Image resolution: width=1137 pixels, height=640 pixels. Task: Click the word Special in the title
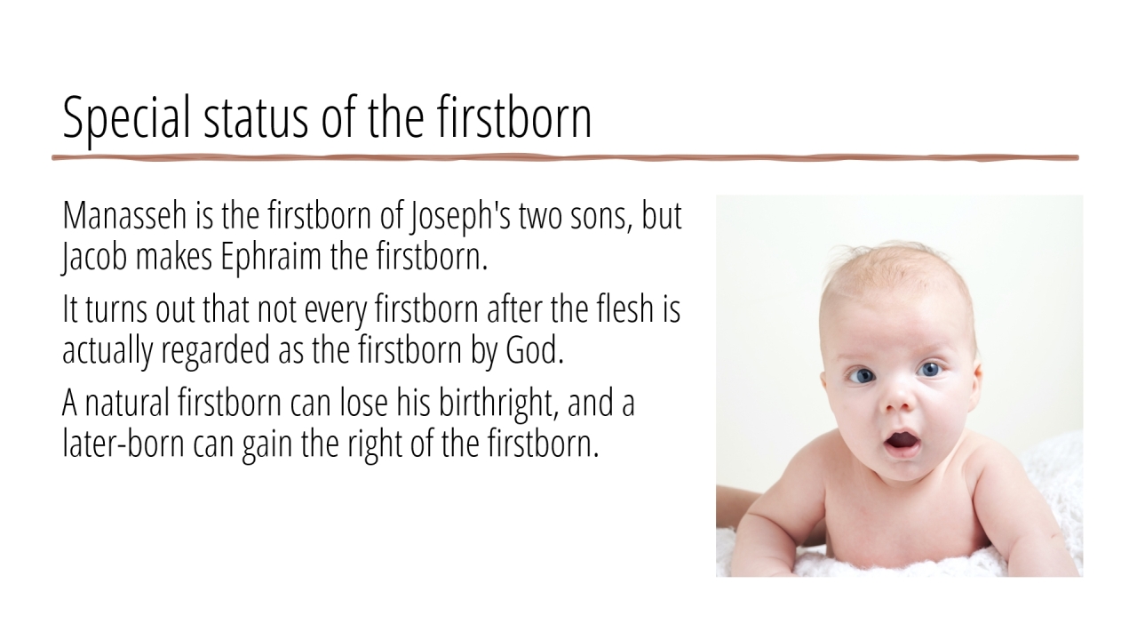(126, 119)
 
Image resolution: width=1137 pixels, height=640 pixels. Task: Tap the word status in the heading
(255, 119)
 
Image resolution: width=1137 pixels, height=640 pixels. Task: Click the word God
(535, 349)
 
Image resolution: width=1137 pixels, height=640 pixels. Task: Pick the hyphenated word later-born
(123, 443)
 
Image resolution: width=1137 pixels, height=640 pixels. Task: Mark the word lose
(363, 402)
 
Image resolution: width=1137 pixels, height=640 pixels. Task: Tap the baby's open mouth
(902, 441)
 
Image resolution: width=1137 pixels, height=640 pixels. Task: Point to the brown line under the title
(566, 158)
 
